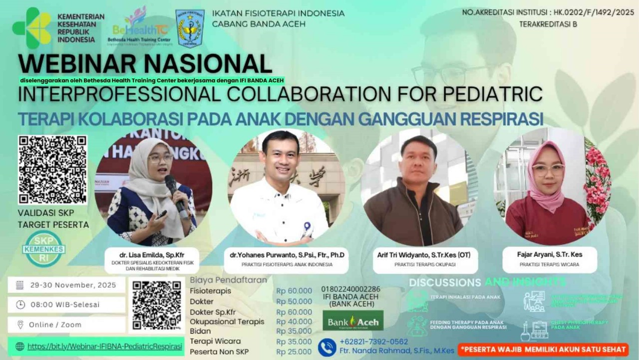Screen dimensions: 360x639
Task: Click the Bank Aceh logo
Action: (x=353, y=321)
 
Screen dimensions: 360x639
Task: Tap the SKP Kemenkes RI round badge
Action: (x=43, y=248)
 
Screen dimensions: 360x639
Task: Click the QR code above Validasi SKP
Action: (x=52, y=169)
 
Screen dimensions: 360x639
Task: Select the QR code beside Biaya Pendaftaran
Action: (x=156, y=305)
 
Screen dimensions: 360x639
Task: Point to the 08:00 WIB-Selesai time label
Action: (x=64, y=305)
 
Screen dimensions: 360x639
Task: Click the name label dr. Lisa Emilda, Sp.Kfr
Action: (x=152, y=255)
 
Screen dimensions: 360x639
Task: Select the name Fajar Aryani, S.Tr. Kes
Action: (x=549, y=255)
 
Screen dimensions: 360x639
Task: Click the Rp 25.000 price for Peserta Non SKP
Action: (x=294, y=352)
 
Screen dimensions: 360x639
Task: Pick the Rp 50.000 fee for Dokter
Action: (x=294, y=302)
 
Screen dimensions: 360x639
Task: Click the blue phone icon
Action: (x=327, y=347)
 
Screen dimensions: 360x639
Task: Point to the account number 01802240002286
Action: (x=350, y=289)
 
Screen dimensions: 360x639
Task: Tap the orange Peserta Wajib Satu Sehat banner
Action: (x=543, y=349)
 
